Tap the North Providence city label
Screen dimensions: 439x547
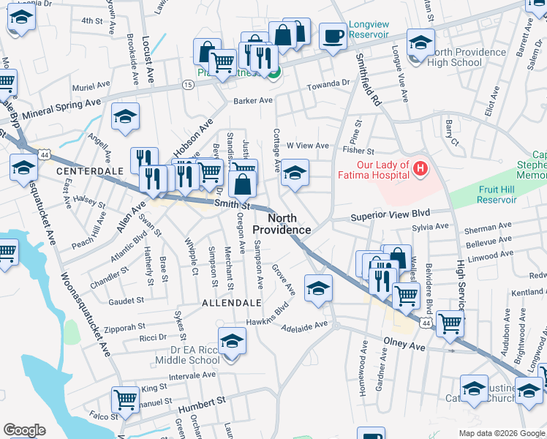[282, 224]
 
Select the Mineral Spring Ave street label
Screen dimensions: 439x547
[61, 110]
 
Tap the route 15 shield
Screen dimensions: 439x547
[188, 86]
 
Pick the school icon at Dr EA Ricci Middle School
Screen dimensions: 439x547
[233, 342]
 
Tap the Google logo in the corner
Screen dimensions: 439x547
[24, 430]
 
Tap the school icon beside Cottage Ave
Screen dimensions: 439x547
[295, 173]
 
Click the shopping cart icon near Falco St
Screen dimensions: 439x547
[125, 400]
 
